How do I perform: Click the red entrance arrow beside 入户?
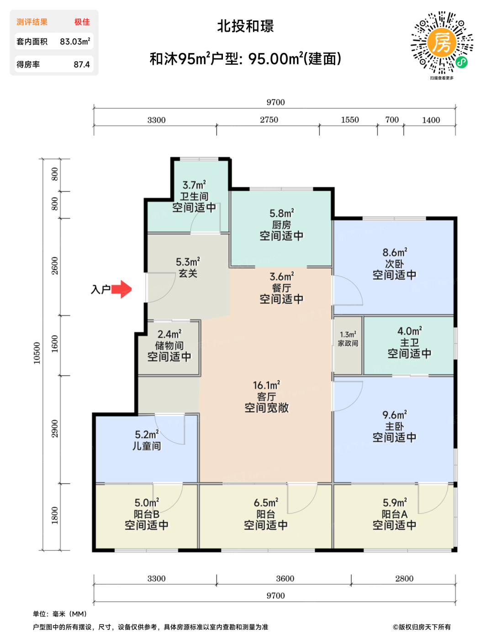(121, 289)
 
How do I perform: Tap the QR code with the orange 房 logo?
(442, 42)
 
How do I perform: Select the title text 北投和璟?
(245, 26)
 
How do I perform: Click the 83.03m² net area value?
(75, 41)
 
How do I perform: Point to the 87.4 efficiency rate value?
(81, 64)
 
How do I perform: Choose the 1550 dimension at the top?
(350, 120)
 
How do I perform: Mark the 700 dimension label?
(392, 120)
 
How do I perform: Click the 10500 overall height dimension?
(37, 353)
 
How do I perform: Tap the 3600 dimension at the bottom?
(285, 578)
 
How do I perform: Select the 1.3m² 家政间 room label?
(348, 339)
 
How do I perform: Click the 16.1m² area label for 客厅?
(267, 385)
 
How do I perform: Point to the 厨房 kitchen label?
(281, 225)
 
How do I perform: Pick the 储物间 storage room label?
(169, 346)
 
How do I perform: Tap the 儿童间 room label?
(147, 446)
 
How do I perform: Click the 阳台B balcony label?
(147, 514)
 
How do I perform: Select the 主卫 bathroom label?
(409, 343)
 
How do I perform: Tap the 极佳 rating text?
(82, 22)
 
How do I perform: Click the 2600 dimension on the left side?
(55, 266)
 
